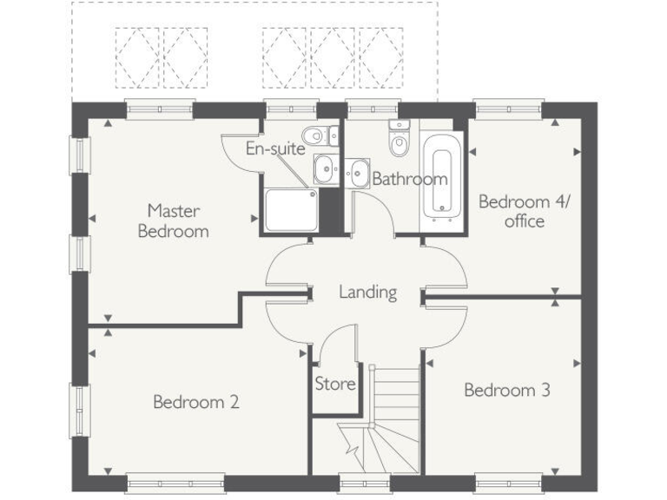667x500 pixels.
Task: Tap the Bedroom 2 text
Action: (195, 402)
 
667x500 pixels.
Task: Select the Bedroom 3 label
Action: (506, 390)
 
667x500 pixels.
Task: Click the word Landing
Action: (367, 292)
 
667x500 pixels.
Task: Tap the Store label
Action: (334, 383)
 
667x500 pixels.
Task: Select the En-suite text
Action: (274, 148)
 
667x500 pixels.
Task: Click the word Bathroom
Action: (409, 180)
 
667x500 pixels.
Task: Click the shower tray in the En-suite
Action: (290, 210)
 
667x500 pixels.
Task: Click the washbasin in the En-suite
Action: (324, 168)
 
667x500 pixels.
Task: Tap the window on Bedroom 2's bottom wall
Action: (175, 482)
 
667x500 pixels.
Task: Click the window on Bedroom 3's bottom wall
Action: (508, 482)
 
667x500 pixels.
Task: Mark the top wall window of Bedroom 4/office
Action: (508, 110)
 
